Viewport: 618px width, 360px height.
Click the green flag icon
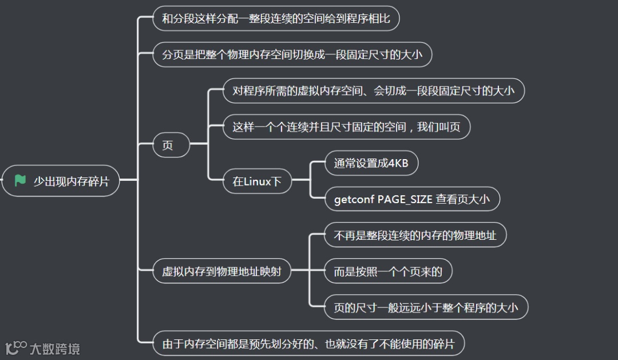point(21,181)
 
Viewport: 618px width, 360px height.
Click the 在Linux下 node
point(257,182)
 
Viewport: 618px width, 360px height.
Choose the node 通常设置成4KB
point(371,164)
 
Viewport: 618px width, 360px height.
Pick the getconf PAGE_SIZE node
point(412,200)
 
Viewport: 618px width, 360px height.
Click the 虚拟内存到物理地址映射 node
point(221,271)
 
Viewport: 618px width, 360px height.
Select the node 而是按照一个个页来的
point(388,271)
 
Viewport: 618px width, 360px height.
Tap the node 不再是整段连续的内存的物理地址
point(415,235)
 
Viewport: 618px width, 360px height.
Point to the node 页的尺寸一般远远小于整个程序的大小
point(426,308)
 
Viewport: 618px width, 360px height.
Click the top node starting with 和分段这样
point(276,19)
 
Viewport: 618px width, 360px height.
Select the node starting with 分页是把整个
point(292,55)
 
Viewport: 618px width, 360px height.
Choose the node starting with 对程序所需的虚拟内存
point(373,90)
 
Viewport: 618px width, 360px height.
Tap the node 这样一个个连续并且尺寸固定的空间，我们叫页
point(346,127)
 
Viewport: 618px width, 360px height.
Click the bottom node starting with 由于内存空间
point(308,344)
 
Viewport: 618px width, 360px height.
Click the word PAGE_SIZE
point(405,200)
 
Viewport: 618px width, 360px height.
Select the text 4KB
point(398,164)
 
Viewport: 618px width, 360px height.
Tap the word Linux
point(257,182)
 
